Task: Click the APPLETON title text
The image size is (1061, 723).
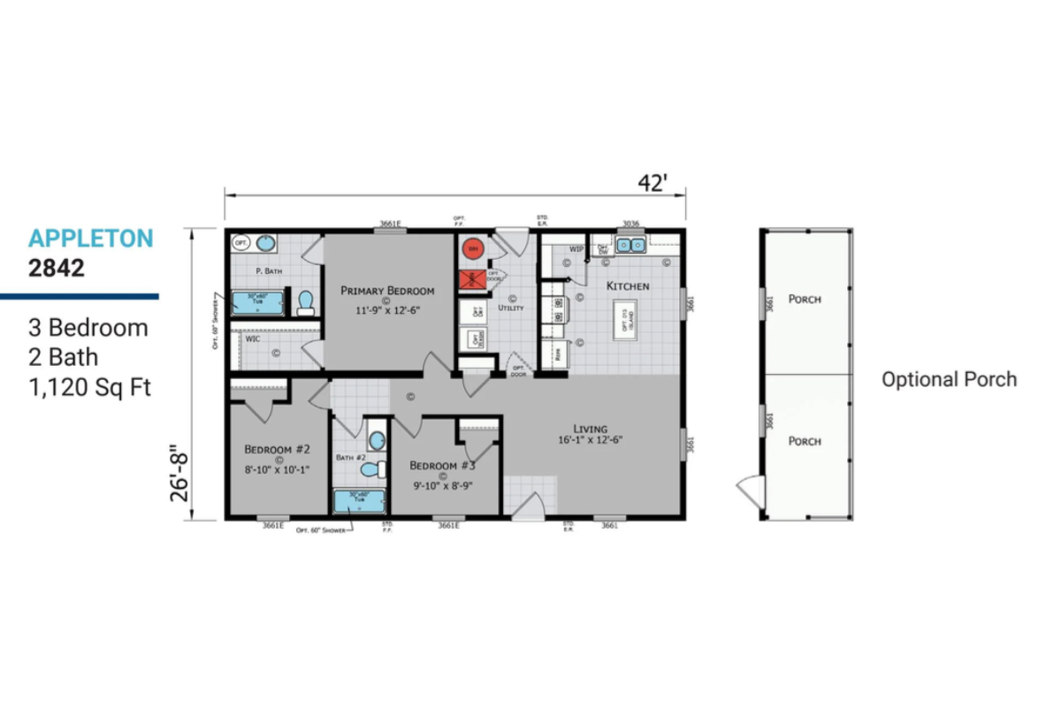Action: tap(90, 238)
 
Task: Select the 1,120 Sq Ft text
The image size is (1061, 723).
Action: tap(88, 387)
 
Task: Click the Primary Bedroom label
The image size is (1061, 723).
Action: tap(388, 291)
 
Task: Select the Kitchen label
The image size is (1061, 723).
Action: tap(627, 286)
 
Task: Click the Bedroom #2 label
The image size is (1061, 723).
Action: tap(277, 447)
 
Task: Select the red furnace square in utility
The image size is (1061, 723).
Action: tap(471, 280)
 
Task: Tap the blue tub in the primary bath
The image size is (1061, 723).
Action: tap(258, 303)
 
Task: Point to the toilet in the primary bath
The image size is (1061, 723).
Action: tap(306, 303)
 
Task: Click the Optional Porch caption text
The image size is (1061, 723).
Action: tap(949, 380)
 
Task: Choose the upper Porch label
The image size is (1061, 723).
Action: tap(804, 300)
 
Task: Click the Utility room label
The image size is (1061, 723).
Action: tap(512, 308)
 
